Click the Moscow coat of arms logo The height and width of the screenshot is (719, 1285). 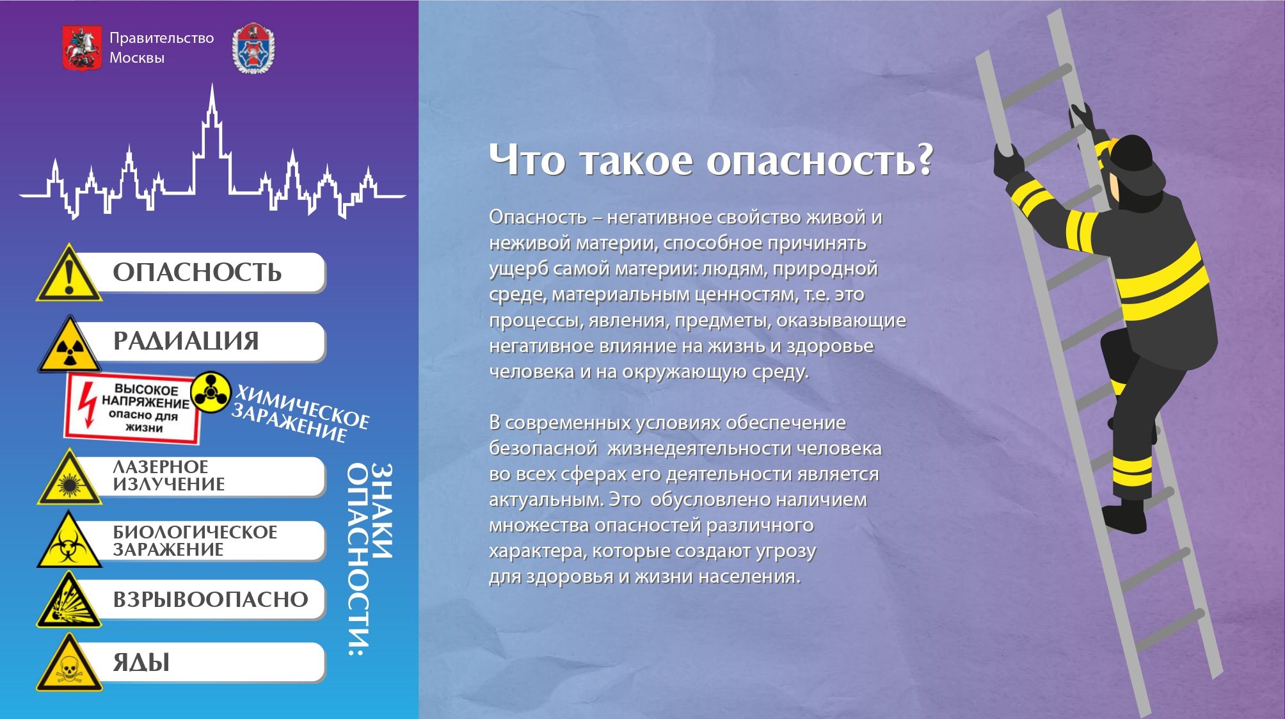click(x=82, y=48)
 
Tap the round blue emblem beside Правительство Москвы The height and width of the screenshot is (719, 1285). click(x=253, y=49)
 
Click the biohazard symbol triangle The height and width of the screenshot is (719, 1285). click(x=69, y=540)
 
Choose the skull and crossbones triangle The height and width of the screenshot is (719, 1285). click(x=69, y=663)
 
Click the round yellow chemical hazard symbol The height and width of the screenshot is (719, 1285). click(x=211, y=392)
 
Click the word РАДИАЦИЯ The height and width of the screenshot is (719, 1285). click(x=186, y=341)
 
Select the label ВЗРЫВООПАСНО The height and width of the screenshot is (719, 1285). click(x=211, y=600)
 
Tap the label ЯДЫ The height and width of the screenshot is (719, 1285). click(x=141, y=662)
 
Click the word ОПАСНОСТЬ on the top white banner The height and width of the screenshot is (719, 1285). click(x=197, y=272)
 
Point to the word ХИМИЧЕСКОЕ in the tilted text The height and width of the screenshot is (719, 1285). click(x=303, y=407)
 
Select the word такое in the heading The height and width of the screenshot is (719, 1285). click(x=636, y=161)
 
